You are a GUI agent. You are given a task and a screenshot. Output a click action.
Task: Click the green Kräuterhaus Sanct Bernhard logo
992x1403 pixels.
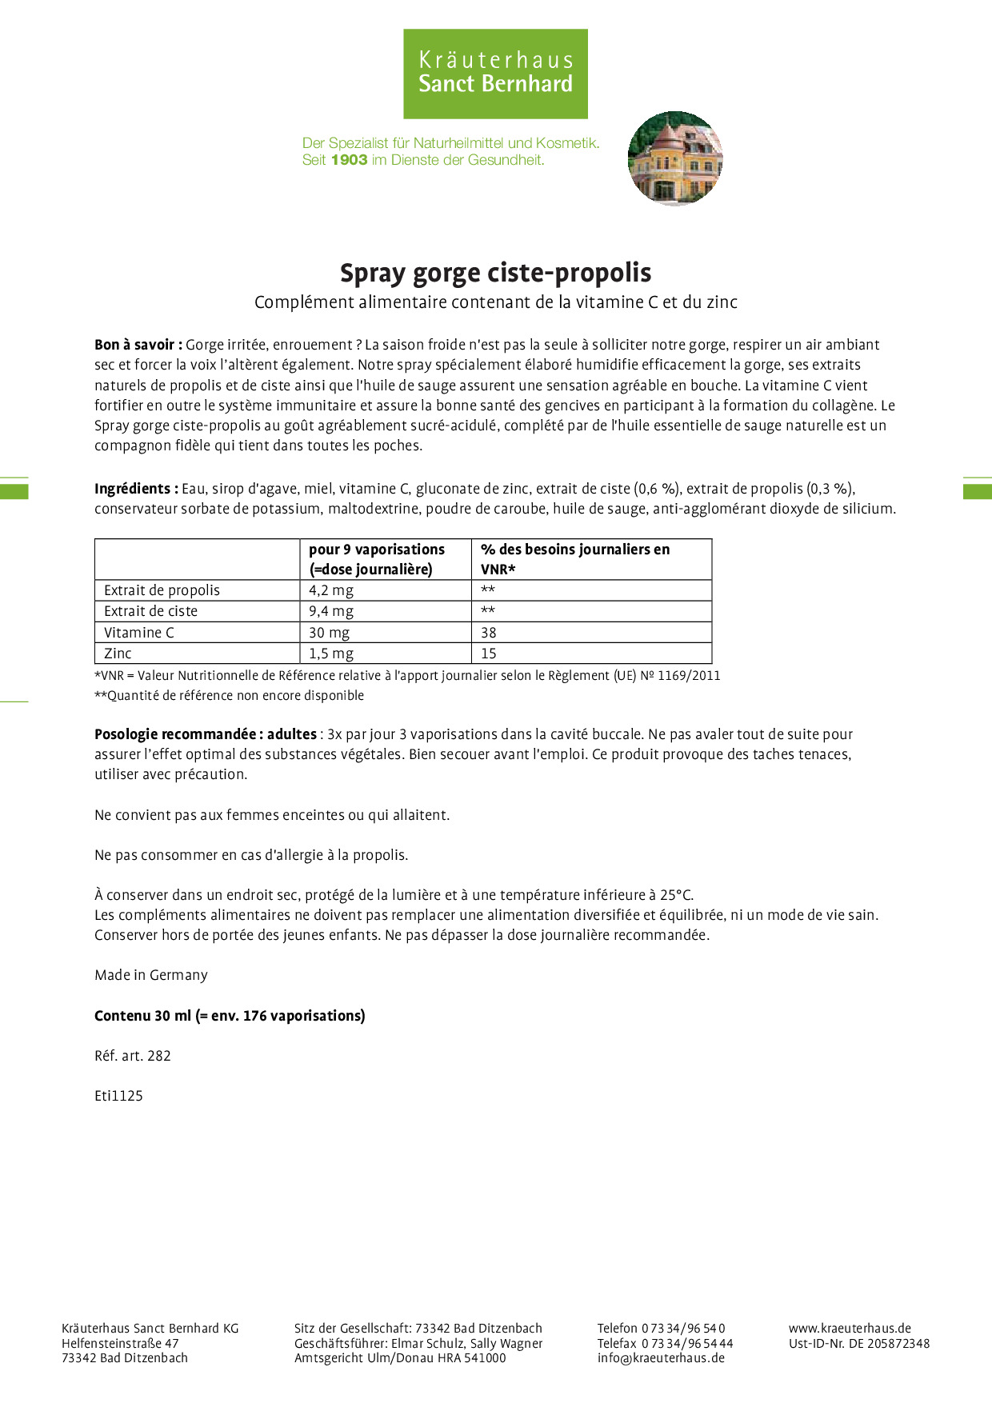[495, 74]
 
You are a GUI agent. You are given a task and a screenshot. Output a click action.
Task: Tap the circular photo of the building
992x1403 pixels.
[675, 158]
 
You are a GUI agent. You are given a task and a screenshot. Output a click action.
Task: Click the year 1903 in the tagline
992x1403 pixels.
[349, 160]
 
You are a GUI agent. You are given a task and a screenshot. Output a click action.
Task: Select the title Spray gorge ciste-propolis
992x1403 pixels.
[495, 273]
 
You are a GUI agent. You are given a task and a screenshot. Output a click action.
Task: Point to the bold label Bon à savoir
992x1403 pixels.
[138, 345]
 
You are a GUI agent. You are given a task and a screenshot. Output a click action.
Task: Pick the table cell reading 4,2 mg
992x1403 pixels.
[331, 590]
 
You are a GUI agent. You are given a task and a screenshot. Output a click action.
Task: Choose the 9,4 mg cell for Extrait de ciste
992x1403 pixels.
[331, 611]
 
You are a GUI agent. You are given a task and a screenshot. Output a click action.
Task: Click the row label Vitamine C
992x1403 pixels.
[139, 633]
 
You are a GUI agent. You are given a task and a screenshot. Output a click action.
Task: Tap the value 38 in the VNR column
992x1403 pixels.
[489, 633]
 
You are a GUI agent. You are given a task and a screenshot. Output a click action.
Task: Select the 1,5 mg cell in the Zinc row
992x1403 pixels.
[331, 654]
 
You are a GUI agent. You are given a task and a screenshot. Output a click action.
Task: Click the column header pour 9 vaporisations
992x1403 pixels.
[377, 550]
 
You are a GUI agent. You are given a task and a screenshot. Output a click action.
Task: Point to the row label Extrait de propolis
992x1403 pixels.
[162, 590]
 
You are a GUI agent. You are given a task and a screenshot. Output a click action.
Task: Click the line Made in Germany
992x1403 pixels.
[151, 975]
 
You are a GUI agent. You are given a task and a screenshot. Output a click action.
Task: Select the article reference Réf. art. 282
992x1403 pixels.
[133, 1056]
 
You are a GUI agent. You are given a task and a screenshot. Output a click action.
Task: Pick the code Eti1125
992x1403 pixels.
[118, 1096]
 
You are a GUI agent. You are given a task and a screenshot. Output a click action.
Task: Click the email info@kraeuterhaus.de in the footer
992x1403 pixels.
[661, 1357]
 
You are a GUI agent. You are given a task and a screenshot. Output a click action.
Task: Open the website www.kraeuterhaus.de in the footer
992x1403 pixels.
[850, 1328]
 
